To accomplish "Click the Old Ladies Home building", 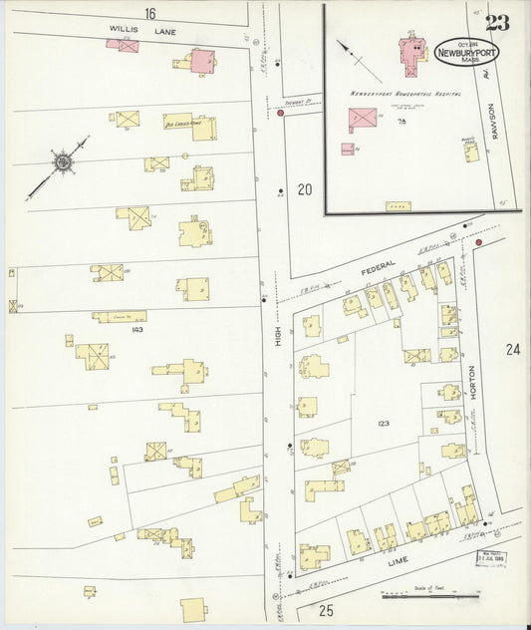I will click(x=189, y=126).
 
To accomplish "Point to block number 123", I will click(x=384, y=424).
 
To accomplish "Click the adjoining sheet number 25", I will click(x=326, y=609).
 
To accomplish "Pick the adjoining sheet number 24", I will click(x=512, y=349).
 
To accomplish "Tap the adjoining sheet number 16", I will click(x=149, y=13).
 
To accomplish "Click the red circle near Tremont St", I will click(x=281, y=114).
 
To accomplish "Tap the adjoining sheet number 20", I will click(x=304, y=189).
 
